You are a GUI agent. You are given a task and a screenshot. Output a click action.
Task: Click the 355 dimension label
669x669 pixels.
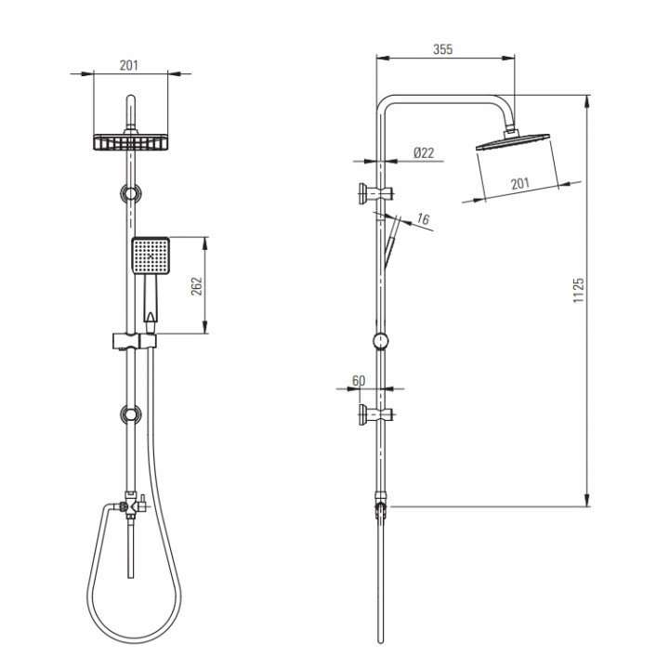point(442,49)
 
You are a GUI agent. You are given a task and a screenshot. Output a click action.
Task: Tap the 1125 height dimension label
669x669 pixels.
point(578,291)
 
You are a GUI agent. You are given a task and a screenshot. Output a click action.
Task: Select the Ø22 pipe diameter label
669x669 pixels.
point(424,152)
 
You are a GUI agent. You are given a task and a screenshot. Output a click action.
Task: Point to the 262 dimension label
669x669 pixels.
point(196,286)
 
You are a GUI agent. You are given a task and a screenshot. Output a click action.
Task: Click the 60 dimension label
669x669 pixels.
point(359,381)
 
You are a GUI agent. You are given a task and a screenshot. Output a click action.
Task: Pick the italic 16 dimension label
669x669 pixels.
point(423,219)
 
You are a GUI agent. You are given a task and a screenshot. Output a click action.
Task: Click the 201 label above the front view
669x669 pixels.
point(129,65)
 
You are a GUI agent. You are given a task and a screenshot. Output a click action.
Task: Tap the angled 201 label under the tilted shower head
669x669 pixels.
point(520,183)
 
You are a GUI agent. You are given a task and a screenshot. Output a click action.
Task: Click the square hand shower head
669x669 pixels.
point(151,256)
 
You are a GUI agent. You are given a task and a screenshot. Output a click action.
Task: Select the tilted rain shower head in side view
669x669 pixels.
point(512,141)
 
